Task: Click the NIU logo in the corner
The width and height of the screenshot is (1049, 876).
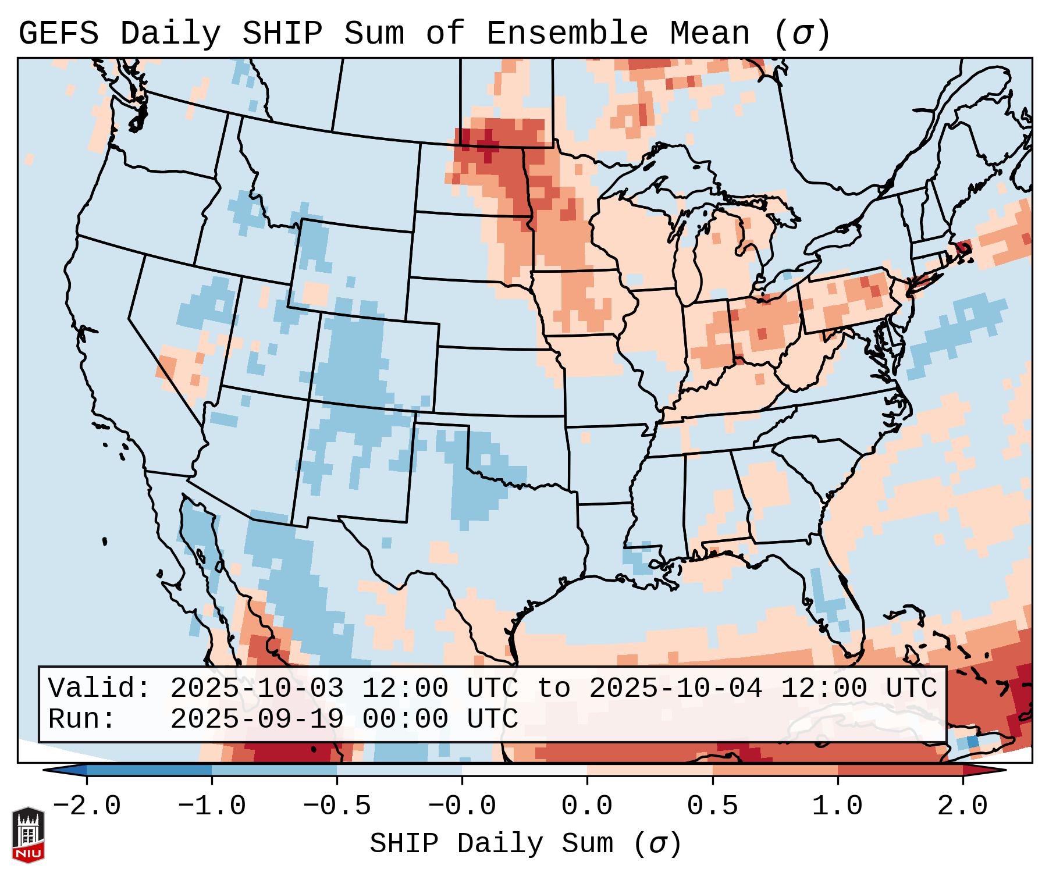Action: click(28, 835)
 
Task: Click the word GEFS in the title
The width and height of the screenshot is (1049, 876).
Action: click(58, 34)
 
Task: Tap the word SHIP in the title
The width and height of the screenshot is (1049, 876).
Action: click(282, 34)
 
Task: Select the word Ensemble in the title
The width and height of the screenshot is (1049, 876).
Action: click(567, 34)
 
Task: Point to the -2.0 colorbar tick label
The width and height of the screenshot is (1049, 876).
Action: click(87, 806)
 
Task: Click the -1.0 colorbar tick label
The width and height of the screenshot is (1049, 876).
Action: click(212, 806)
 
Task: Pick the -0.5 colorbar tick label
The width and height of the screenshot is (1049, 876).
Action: click(337, 806)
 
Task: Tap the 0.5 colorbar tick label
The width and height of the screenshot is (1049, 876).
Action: click(712, 806)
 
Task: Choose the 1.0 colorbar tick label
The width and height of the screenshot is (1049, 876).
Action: click(837, 806)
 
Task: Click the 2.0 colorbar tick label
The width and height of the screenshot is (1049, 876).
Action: click(962, 806)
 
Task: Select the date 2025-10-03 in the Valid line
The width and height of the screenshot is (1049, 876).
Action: click(257, 688)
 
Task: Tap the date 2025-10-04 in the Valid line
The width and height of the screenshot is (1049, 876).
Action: click(675, 688)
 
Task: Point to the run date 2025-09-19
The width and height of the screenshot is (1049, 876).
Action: click(257, 719)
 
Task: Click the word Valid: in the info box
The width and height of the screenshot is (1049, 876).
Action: click(99, 688)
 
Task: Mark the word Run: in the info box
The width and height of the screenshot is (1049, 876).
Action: click(82, 719)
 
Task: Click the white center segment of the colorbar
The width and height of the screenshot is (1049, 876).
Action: click(524, 770)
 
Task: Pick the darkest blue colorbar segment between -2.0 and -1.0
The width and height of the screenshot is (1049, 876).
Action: click(149, 770)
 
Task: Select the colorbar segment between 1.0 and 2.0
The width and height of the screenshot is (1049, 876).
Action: click(900, 770)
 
